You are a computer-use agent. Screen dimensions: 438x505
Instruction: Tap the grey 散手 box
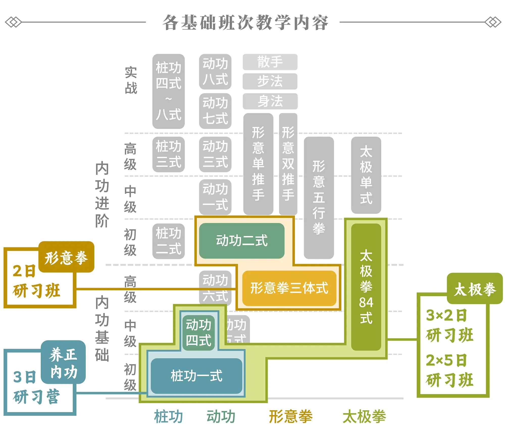[x=270, y=62]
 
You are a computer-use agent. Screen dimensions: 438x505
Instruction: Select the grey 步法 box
[x=270, y=81]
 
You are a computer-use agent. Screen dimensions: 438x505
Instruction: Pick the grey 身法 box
[x=270, y=101]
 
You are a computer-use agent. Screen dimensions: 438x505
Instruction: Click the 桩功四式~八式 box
[x=168, y=91]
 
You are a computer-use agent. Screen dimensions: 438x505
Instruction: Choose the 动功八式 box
[x=215, y=71]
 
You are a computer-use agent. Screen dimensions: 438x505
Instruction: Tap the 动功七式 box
[x=215, y=111]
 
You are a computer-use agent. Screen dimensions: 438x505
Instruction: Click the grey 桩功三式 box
[x=168, y=154]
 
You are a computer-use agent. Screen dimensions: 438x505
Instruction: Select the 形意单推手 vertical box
[x=258, y=164]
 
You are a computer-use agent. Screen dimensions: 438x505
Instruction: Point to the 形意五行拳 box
[x=319, y=197]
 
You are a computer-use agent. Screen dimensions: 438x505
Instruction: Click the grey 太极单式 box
[x=366, y=175]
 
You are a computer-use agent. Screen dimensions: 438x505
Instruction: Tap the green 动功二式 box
[x=242, y=241]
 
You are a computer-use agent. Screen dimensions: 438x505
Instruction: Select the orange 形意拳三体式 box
[x=289, y=288]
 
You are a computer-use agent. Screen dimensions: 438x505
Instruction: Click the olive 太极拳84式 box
[x=366, y=287]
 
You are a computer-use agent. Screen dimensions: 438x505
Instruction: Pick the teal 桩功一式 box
[x=196, y=376]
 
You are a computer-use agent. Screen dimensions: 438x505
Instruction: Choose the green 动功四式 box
[x=198, y=332]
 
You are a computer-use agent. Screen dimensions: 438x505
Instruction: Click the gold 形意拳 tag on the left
[x=66, y=257]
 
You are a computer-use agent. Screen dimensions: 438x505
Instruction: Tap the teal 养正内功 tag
[x=63, y=362]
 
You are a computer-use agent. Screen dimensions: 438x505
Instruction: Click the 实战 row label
[x=131, y=80]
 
